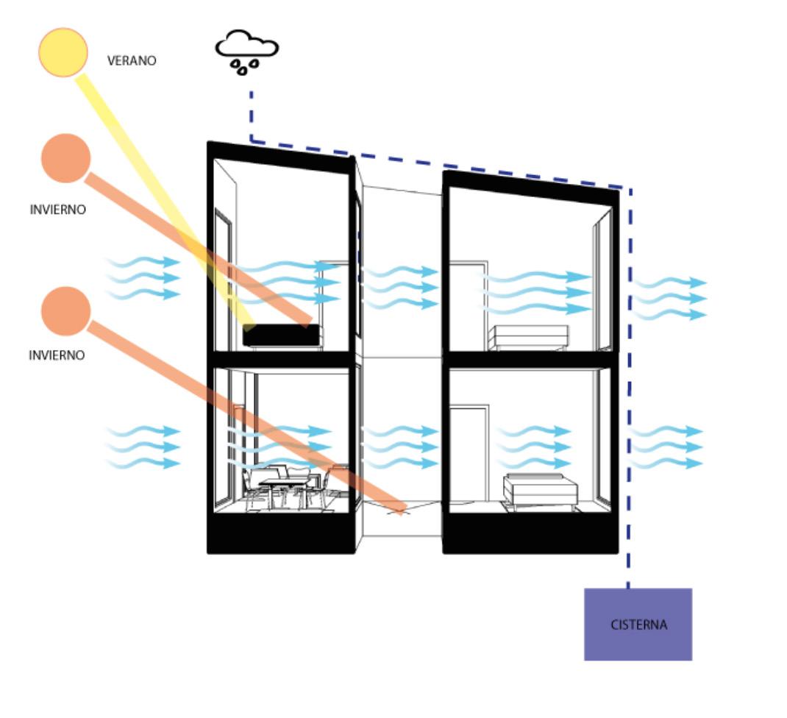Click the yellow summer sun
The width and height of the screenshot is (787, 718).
pyautogui.click(x=63, y=51)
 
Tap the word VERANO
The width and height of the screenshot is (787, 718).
pyautogui.click(x=132, y=61)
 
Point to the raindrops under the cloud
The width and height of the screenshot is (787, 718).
pyautogui.click(x=245, y=67)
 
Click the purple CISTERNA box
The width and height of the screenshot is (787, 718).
pyautogui.click(x=638, y=624)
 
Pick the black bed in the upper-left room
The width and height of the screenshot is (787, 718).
pyautogui.click(x=282, y=335)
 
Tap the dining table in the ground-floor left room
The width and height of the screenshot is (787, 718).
pyautogui.click(x=283, y=483)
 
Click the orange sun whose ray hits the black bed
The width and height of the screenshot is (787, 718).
pyautogui.click(x=66, y=157)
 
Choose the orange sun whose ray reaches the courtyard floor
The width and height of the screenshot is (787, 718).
pyautogui.click(x=66, y=310)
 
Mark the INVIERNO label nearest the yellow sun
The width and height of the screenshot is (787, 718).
pyautogui.click(x=57, y=210)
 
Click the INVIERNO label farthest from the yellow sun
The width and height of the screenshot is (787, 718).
pyautogui.click(x=57, y=355)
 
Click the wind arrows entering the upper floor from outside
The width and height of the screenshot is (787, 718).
pyautogui.click(x=143, y=278)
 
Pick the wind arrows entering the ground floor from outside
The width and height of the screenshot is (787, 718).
pyautogui.click(x=143, y=447)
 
